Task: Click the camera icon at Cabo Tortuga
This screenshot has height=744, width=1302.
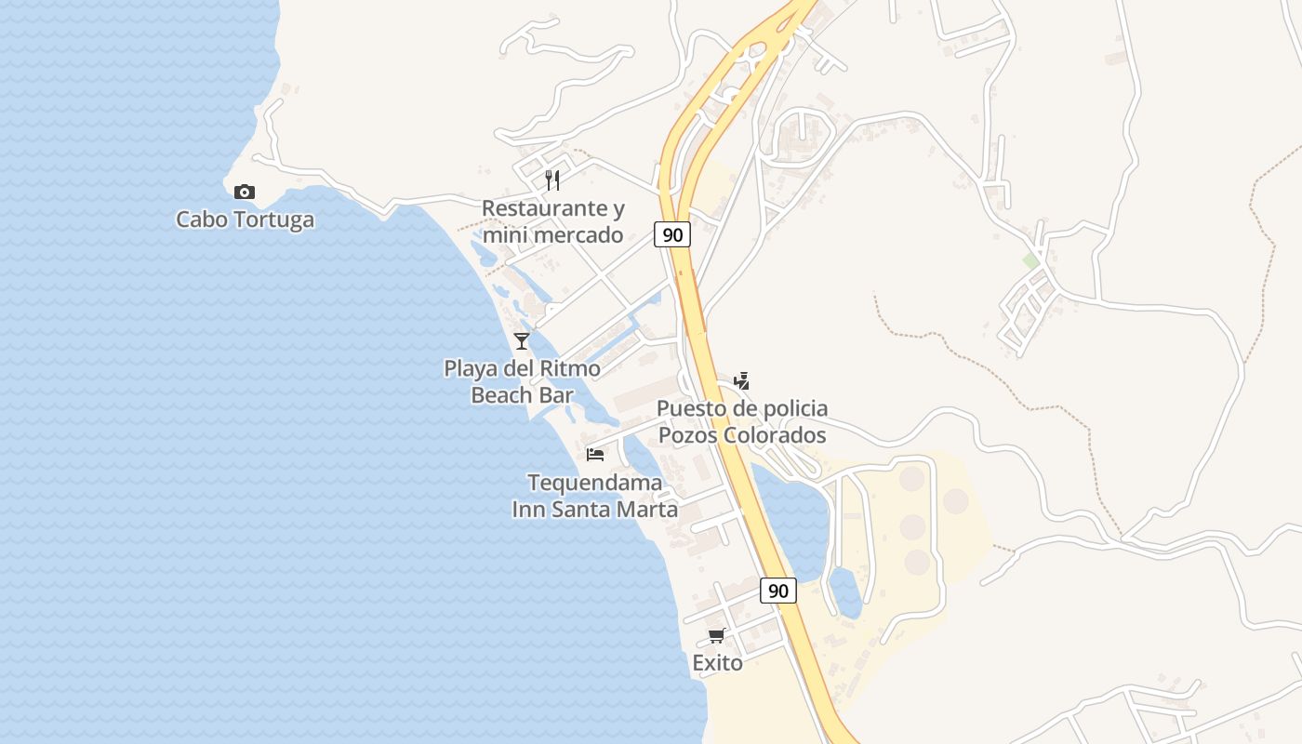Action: click(245, 192)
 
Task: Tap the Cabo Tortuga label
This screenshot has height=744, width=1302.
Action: click(246, 220)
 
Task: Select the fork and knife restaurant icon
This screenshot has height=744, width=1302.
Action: click(552, 179)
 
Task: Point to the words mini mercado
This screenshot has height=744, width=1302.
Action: click(553, 235)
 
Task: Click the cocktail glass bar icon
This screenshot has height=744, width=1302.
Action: click(522, 341)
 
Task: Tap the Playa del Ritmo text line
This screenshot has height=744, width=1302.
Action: click(522, 368)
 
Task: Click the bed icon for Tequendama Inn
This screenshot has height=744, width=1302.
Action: click(595, 455)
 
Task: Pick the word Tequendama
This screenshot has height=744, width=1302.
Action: click(595, 483)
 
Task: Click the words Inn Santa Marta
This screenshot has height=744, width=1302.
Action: click(595, 510)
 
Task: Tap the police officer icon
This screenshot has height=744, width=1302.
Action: click(741, 380)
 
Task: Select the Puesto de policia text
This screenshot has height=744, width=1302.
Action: click(742, 408)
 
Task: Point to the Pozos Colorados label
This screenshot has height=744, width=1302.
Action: click(742, 435)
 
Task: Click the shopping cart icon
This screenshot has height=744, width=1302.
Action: click(716, 636)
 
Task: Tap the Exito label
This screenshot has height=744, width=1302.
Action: click(718, 663)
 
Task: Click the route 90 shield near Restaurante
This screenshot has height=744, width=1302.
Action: click(672, 234)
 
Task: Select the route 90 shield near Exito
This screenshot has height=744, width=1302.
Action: click(778, 590)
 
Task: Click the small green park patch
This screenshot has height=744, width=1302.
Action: click(1030, 261)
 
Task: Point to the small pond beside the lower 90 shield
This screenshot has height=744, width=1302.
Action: click(845, 592)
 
